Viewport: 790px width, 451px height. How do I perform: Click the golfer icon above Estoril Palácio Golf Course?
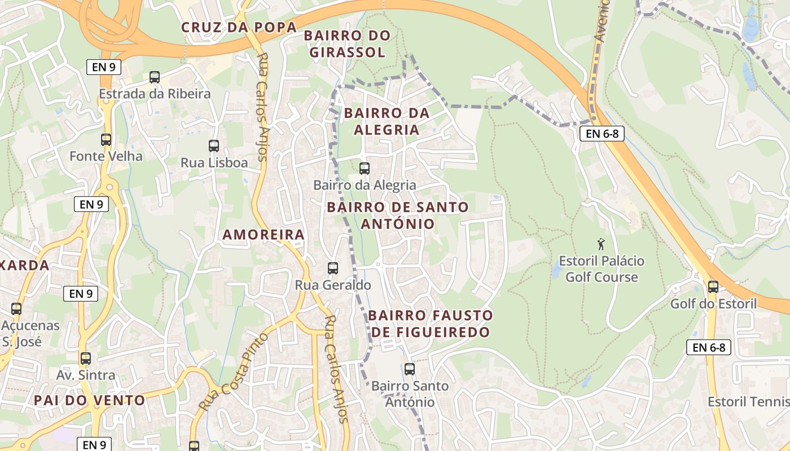[x=601, y=244]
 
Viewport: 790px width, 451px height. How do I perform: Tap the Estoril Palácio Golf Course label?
[x=601, y=269]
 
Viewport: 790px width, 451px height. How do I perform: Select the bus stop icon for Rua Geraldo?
[x=333, y=268]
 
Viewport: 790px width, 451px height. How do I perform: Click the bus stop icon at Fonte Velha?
[x=106, y=139]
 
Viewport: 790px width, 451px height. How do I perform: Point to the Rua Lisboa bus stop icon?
[x=214, y=146]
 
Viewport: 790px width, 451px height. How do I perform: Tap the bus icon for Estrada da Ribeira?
[x=155, y=77]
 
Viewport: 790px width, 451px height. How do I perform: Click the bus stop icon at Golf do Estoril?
[x=713, y=286]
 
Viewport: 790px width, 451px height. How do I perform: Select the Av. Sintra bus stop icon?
[x=85, y=358]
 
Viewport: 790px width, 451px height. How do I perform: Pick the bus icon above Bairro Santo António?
[x=410, y=369]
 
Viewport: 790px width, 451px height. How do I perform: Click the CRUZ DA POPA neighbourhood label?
[x=239, y=27]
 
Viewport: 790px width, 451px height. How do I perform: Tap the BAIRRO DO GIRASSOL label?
[x=347, y=44]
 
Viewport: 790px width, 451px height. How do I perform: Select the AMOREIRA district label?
[x=264, y=235]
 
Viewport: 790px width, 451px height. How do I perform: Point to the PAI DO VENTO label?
[x=90, y=400]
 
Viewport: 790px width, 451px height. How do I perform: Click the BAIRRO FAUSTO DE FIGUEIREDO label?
[x=431, y=324]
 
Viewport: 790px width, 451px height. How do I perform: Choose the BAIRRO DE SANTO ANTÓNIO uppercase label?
[x=398, y=215]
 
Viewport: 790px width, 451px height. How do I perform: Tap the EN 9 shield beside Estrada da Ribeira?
[x=104, y=67]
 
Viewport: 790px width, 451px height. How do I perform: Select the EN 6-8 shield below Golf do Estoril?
[x=709, y=347]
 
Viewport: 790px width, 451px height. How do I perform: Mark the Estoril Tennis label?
[x=748, y=401]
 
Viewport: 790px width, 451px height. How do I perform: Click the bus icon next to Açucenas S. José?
[x=16, y=308]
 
